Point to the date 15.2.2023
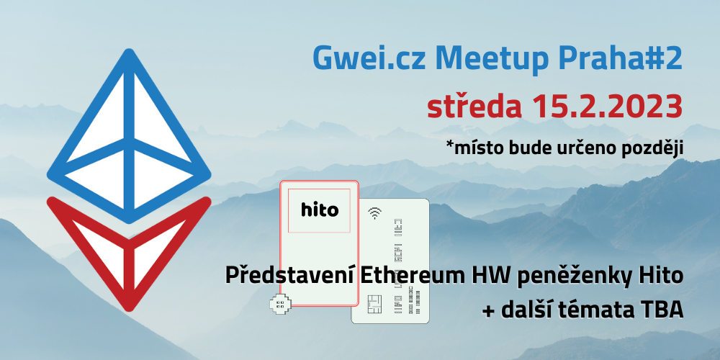point(606,107)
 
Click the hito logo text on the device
point(320,210)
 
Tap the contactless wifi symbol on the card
point(375,212)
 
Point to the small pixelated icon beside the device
point(280,305)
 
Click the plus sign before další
point(489,312)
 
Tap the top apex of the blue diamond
point(129,51)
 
